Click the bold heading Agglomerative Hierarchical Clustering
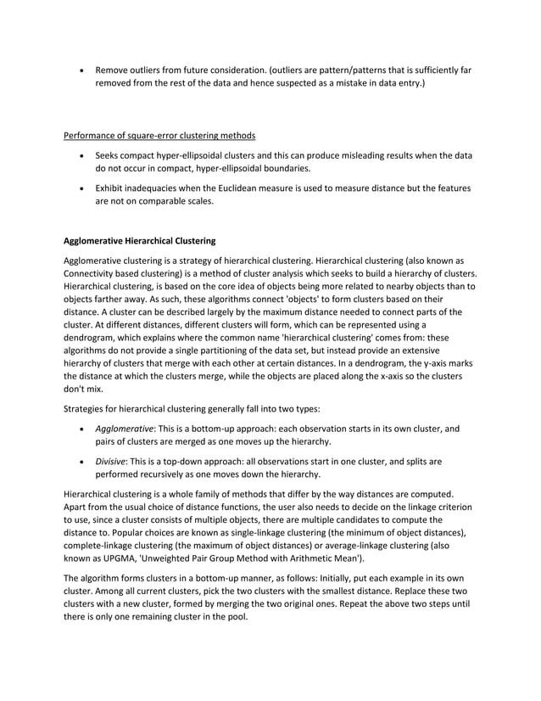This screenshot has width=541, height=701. coord(140,240)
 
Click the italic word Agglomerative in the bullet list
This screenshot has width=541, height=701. coord(125,429)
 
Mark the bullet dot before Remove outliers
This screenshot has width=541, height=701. coord(81,70)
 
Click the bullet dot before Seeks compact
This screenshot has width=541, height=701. coord(81,157)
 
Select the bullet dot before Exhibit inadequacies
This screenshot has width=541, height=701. coord(81,188)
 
